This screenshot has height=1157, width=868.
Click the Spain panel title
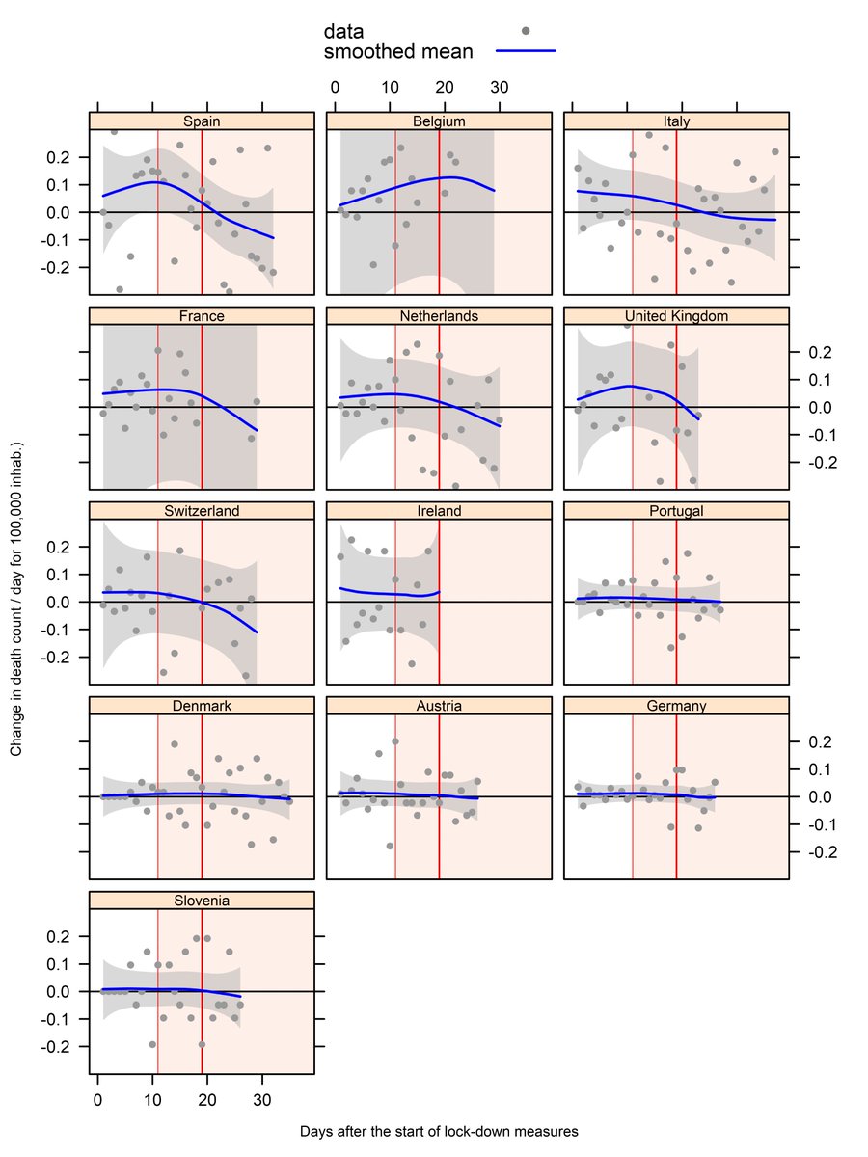pos(202,121)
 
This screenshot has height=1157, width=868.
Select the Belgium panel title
pos(439,121)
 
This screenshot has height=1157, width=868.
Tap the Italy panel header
pos(676,121)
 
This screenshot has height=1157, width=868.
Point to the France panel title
pos(202,315)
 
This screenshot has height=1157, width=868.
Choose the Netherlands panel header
pos(439,315)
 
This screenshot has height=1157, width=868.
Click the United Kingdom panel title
pos(676,315)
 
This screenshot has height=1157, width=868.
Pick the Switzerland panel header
pos(202,510)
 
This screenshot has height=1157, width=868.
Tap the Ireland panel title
pos(439,510)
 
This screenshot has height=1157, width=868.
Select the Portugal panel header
pos(676,510)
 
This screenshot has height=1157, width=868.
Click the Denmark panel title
pos(202,706)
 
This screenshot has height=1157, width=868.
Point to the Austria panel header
pos(439,706)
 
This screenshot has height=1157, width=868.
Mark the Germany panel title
pos(676,706)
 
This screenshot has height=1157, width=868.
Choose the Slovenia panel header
pos(202,901)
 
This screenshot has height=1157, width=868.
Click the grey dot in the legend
pos(525,31)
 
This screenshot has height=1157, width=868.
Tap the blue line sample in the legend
pos(525,51)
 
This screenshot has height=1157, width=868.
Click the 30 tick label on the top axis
pos(499,87)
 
